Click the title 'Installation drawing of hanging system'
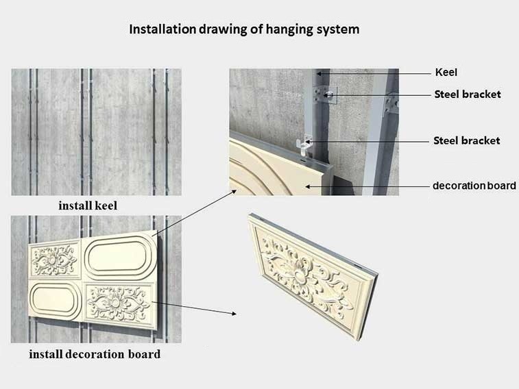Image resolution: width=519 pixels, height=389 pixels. click(244, 29)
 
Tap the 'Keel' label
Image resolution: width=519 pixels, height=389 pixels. click(446, 73)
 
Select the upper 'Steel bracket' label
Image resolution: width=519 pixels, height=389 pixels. click(468, 95)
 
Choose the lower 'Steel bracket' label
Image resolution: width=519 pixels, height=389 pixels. click(467, 141)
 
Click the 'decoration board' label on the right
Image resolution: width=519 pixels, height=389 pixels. click(474, 186)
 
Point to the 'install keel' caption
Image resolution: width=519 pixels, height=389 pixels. click(88, 205)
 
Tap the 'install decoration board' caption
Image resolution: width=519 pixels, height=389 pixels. click(95, 354)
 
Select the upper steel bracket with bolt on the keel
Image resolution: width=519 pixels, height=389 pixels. click(324, 95)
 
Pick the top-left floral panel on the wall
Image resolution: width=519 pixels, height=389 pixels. click(54, 260)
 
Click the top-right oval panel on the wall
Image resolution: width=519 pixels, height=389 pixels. click(119, 255)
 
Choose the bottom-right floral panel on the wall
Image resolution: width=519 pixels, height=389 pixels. click(119, 305)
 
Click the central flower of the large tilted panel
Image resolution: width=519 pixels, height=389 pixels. click(299, 274)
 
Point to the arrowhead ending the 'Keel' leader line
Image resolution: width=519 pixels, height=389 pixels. click(318, 73)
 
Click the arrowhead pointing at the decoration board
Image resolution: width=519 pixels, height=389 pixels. click(308, 187)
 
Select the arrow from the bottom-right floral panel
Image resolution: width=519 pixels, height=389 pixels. click(194, 308)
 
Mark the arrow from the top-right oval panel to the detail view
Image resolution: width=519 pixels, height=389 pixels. click(194, 212)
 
